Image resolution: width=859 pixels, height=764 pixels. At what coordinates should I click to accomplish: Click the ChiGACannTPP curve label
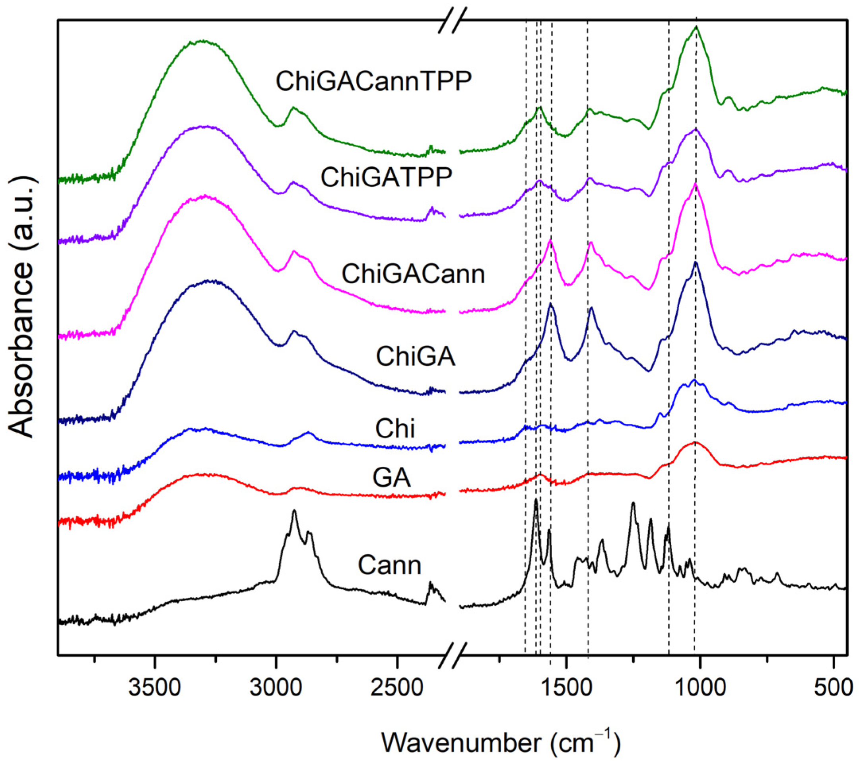pyautogui.click(x=373, y=81)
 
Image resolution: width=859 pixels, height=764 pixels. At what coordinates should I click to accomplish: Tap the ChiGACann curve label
pyautogui.click(x=413, y=274)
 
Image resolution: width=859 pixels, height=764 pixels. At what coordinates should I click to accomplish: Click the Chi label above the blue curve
pyautogui.click(x=395, y=429)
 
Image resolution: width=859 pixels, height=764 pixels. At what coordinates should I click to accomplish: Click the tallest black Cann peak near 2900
pyautogui.click(x=294, y=511)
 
